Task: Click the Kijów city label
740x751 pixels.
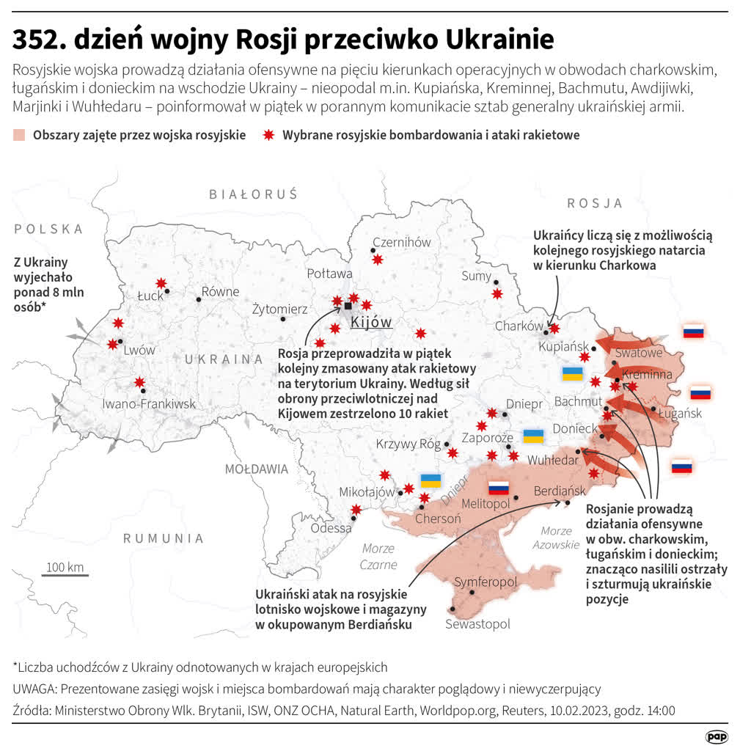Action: (x=371, y=323)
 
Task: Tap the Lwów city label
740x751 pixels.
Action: (x=139, y=351)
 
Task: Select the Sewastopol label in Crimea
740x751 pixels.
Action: (x=477, y=624)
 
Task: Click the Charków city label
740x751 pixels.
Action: (x=519, y=326)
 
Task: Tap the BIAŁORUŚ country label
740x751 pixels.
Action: (x=253, y=194)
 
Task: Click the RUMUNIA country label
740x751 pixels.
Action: (x=163, y=538)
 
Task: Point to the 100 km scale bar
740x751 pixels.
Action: (x=65, y=574)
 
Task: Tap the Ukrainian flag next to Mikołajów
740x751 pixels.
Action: (x=431, y=481)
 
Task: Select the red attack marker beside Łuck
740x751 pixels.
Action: (x=161, y=283)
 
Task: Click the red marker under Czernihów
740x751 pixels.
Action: (x=377, y=260)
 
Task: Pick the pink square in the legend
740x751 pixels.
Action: (x=19, y=135)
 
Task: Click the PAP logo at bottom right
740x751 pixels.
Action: (x=716, y=736)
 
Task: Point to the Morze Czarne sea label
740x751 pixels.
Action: (x=378, y=557)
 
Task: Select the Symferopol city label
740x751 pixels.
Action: (x=486, y=582)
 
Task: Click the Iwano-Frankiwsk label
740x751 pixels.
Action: (x=149, y=403)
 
